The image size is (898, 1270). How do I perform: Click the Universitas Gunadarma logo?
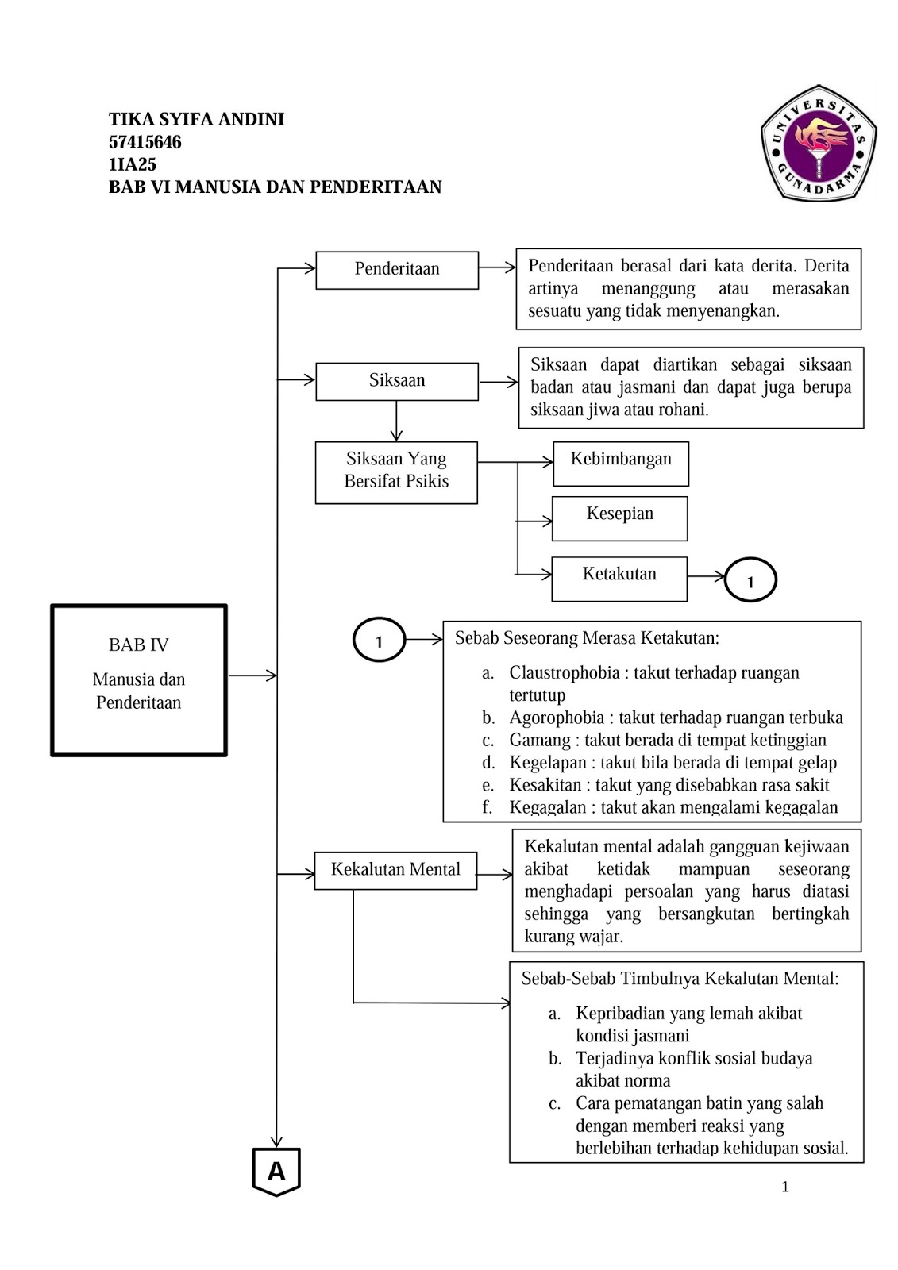(819, 144)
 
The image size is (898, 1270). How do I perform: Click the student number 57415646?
(145, 142)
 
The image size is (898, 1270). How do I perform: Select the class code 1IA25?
(133, 164)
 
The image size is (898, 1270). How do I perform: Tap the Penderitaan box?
(397, 270)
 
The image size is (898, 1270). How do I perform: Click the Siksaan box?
(397, 381)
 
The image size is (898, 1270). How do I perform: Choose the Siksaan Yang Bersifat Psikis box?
(396, 472)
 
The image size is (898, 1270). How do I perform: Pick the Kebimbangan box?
(621, 463)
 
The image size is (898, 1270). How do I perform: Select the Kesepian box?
(620, 518)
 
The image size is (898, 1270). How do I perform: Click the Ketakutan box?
(619, 578)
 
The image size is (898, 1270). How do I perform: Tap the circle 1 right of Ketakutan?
(750, 580)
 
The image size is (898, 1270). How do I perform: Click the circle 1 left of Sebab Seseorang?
(379, 640)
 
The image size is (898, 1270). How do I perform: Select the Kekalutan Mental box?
(395, 870)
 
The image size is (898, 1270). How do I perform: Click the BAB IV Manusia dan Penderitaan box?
(139, 680)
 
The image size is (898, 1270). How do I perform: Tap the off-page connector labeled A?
(276, 1171)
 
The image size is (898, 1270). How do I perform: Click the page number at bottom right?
(785, 1187)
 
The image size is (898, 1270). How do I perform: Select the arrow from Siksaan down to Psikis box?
(396, 421)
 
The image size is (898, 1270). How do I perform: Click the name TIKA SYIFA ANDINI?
(196, 120)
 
